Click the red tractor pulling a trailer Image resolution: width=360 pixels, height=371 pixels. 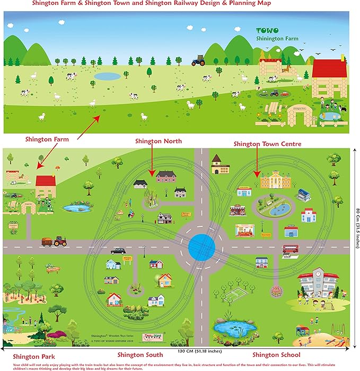[x=55, y=242]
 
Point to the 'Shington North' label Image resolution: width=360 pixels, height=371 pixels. [x=159, y=141]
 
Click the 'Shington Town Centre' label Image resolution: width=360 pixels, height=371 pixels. [x=268, y=144]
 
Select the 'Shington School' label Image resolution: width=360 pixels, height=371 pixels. [x=276, y=355]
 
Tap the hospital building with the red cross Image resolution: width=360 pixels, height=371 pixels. [x=308, y=215]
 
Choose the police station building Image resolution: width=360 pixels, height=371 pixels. [x=292, y=231]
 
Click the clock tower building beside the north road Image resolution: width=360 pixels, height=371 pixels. [x=219, y=165]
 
